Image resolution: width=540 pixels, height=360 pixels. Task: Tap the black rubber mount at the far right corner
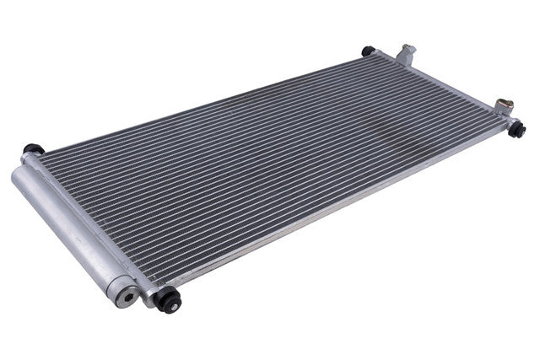[517, 129]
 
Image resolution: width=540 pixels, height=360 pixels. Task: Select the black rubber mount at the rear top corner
[369, 51]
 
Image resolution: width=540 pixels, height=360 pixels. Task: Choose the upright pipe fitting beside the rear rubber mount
[408, 54]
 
